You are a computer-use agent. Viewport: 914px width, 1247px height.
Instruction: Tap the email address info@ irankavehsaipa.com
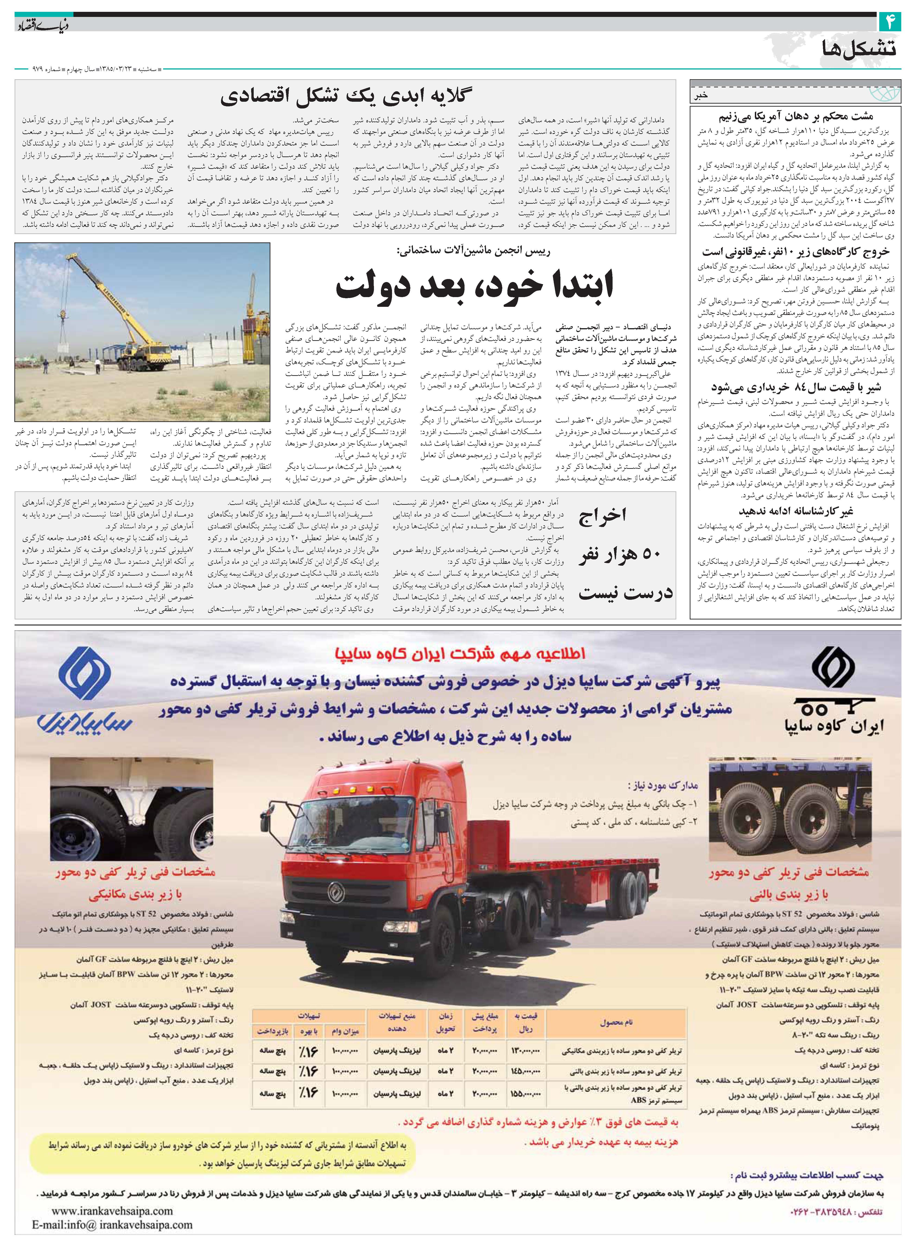click(x=112, y=1224)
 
